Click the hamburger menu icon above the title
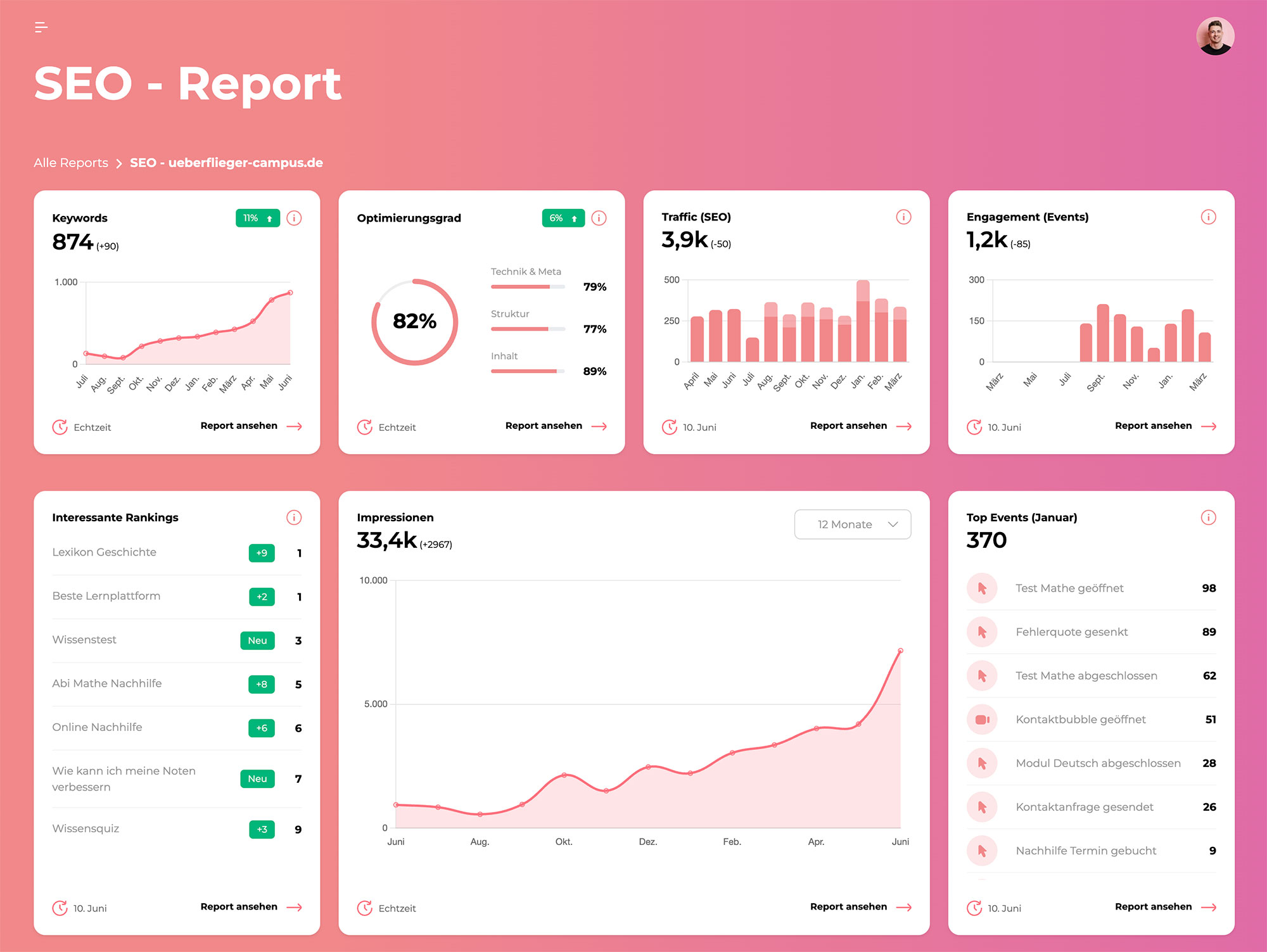click(41, 27)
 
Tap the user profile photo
click(1214, 36)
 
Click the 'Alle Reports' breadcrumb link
click(71, 163)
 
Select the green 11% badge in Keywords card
click(257, 218)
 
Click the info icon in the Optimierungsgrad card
click(599, 218)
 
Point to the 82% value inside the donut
click(414, 321)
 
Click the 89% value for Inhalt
click(594, 371)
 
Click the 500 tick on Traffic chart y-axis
click(672, 279)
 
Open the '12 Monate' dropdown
click(852, 524)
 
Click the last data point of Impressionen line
click(900, 651)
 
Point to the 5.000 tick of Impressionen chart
click(375, 704)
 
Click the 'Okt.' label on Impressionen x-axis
click(563, 842)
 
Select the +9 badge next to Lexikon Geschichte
click(262, 553)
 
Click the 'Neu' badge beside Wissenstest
click(257, 640)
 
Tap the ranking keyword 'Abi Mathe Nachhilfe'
click(107, 683)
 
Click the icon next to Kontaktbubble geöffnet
click(982, 720)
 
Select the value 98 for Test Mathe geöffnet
click(1208, 588)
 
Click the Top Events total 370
click(986, 540)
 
